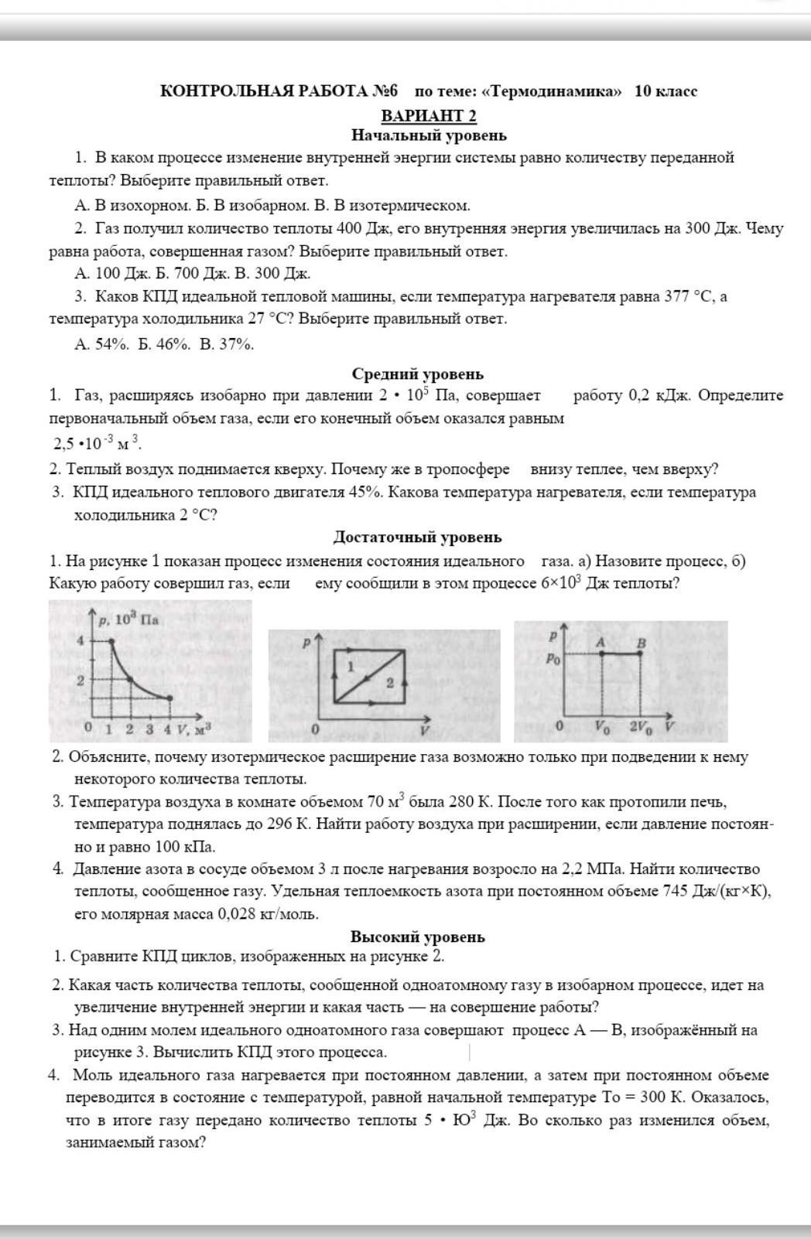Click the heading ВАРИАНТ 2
[x=429, y=115]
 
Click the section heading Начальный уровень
[x=429, y=135]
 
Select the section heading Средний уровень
[x=418, y=374]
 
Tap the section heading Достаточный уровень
[x=418, y=537]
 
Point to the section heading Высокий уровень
[x=418, y=937]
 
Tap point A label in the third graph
[x=601, y=642]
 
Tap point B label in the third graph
[x=641, y=642]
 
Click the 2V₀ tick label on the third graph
[x=640, y=728]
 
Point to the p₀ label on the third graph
[x=553, y=659]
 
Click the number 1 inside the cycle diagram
[x=351, y=665]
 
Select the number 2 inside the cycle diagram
[x=390, y=682]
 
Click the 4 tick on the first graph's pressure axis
[x=80, y=640]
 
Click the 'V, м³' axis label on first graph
[x=193, y=728]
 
